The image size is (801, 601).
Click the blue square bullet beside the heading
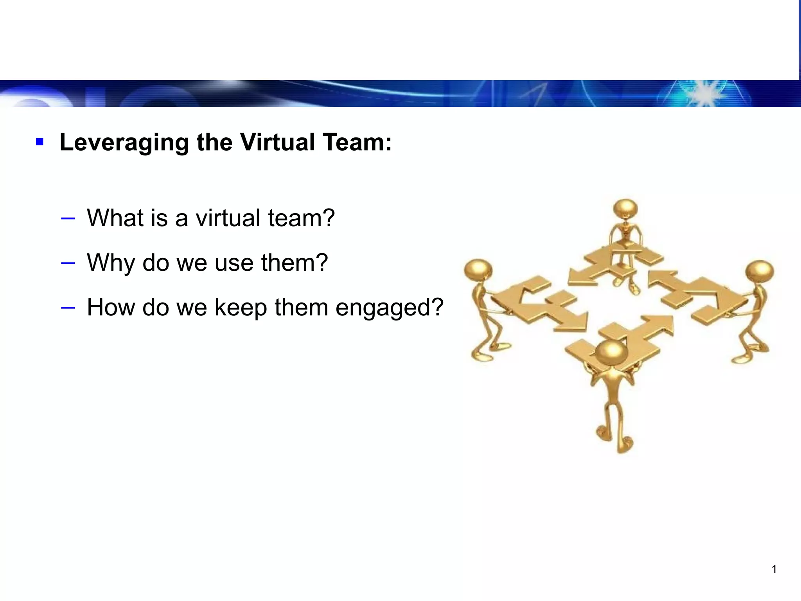(x=39, y=142)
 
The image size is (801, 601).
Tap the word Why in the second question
(x=111, y=263)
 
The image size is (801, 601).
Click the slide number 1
(x=774, y=569)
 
